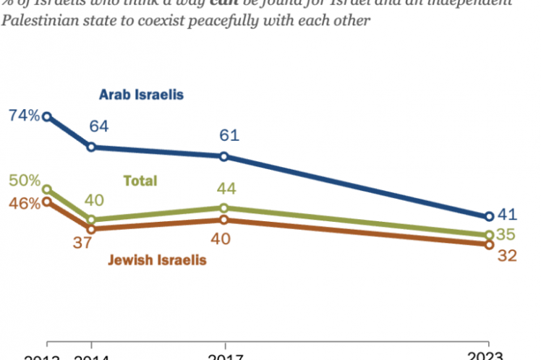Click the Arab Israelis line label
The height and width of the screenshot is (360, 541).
pos(142,95)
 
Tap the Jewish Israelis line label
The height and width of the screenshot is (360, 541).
pos(158,260)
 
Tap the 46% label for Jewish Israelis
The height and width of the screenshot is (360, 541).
pos(23,203)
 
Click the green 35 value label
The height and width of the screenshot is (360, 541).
pos(509,234)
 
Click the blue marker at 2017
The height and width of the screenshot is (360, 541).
pos(223,156)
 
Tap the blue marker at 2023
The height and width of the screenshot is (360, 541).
pos(488,216)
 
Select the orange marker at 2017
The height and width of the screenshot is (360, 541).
pos(223,220)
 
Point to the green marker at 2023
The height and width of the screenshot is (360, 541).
pos(488,235)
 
